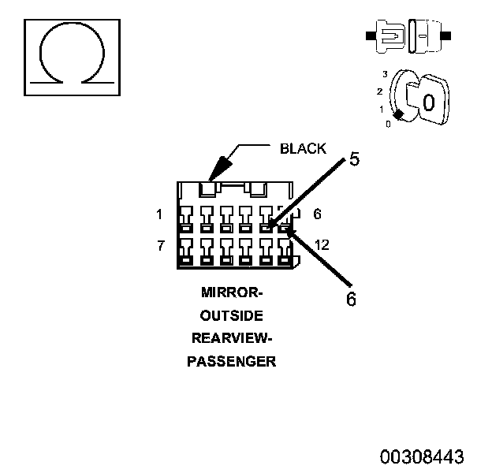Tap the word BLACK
303,149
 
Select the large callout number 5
354,158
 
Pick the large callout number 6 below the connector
351,299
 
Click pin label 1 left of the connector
159,214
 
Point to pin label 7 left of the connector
161,245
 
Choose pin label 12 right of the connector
322,245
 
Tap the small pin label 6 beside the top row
317,214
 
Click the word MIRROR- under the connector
232,292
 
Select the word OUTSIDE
232,315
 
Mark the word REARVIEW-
232,338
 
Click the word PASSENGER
232,362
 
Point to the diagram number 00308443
422,456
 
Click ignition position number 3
385,74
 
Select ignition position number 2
380,91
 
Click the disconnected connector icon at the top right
408,35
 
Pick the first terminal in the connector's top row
186,219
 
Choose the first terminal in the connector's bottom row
186,251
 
